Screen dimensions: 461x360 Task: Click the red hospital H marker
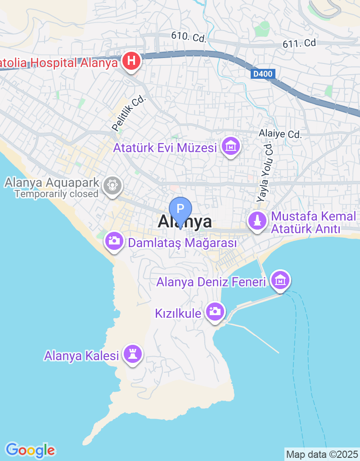coord(131,62)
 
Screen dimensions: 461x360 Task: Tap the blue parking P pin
coord(180,209)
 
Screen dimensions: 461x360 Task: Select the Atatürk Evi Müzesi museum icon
coord(231,146)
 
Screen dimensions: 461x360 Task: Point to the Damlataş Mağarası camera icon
coord(115,241)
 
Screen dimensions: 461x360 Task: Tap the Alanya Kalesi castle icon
coord(133,354)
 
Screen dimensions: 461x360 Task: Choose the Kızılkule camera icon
coord(215,312)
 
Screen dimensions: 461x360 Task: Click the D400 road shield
coord(262,73)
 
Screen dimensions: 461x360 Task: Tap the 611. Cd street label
coord(299,44)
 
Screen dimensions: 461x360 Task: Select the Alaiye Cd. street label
coord(279,134)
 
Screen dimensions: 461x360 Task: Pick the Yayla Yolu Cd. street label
coord(265,172)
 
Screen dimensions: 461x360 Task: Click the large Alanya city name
coord(185,221)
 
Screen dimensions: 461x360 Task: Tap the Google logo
coord(30,450)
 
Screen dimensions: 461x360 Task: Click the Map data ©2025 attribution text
coord(322,454)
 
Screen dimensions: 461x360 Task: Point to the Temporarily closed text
coord(56,194)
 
